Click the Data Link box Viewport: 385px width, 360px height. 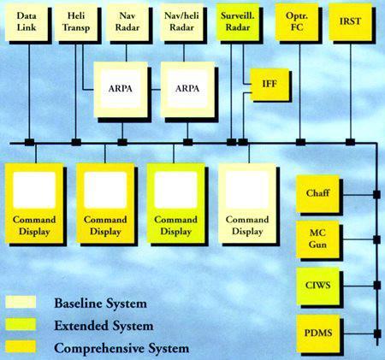click(x=27, y=22)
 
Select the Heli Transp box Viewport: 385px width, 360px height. click(x=76, y=22)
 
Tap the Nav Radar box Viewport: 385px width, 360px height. click(x=127, y=22)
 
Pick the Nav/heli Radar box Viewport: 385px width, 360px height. click(x=181, y=22)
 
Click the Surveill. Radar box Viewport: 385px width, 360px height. click(x=238, y=22)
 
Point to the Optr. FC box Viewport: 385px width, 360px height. click(x=297, y=22)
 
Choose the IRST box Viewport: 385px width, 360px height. click(x=351, y=22)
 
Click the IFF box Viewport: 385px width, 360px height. click(x=269, y=85)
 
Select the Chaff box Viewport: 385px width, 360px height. click(x=317, y=193)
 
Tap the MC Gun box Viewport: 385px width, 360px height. click(x=317, y=239)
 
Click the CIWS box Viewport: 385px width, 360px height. click(x=317, y=286)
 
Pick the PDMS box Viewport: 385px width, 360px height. click(x=317, y=333)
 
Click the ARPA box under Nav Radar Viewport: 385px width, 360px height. click(x=121, y=89)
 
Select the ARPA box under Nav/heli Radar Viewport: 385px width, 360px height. click(x=187, y=89)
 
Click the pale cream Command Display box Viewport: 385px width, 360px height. click(x=247, y=204)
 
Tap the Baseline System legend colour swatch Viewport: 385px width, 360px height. click(x=21, y=302)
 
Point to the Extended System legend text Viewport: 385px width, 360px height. click(x=104, y=326)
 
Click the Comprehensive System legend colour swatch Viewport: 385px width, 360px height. click(x=21, y=346)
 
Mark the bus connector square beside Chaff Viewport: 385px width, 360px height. click(x=376, y=195)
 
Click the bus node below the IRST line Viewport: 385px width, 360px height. click(x=350, y=142)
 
